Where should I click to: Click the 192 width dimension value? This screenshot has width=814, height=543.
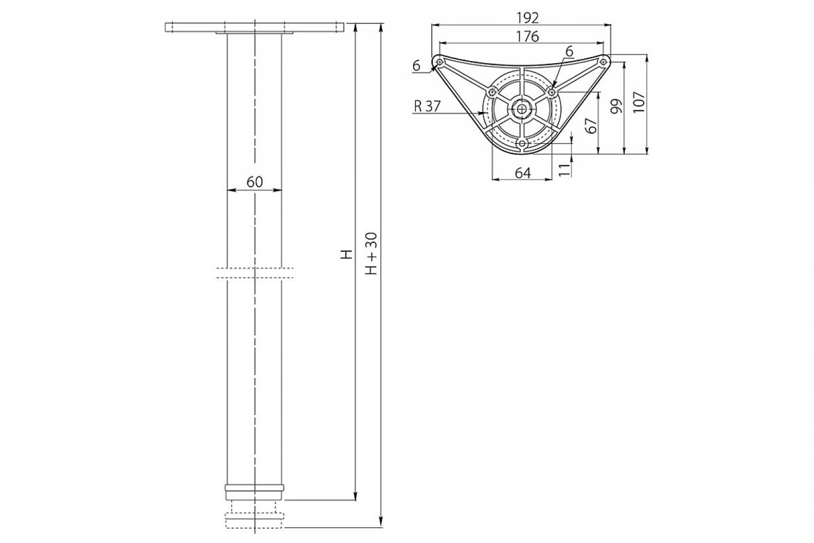click(x=528, y=18)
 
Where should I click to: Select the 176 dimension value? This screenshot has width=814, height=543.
click(x=528, y=36)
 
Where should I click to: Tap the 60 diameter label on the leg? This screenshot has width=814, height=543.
click(x=254, y=182)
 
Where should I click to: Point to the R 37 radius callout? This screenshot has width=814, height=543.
click(x=427, y=106)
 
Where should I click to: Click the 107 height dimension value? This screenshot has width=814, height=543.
click(x=638, y=102)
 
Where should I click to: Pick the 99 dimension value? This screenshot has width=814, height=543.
click(x=616, y=106)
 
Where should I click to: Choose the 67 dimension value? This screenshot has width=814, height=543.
click(x=592, y=126)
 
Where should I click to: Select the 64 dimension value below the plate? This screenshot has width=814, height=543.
click(x=522, y=173)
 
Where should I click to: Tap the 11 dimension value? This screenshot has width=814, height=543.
click(x=564, y=170)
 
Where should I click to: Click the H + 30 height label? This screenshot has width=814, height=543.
click(x=371, y=253)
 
